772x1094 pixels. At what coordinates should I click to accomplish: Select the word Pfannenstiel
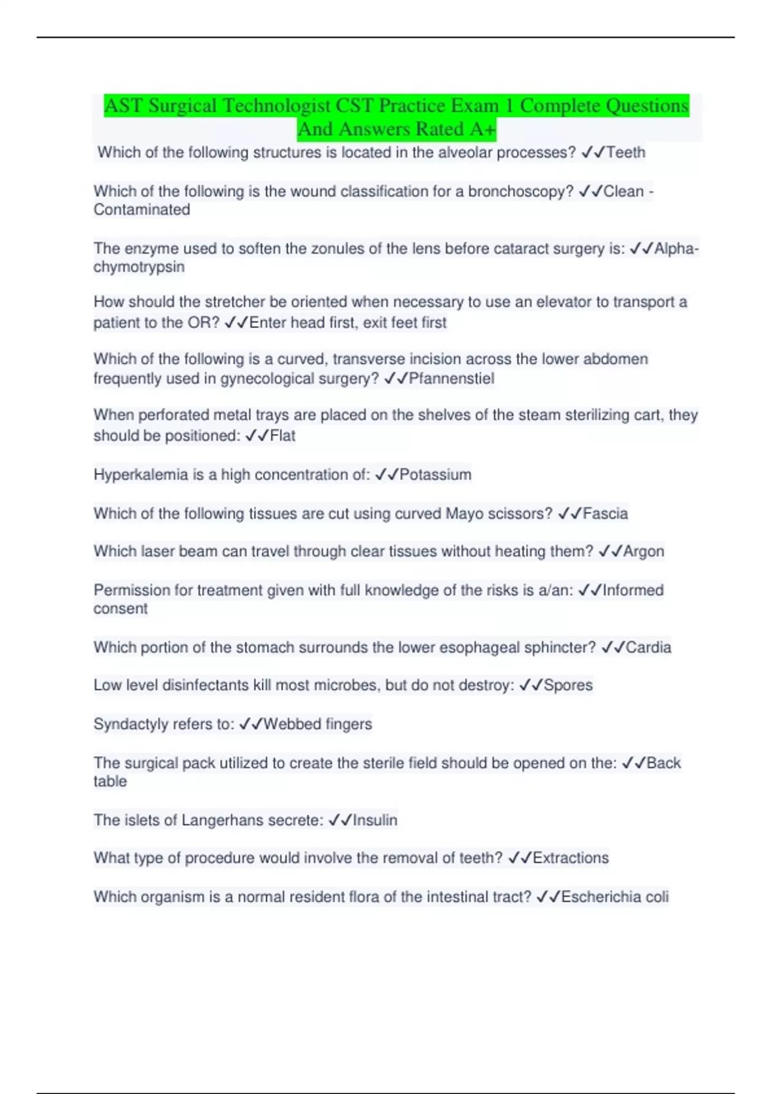(452, 378)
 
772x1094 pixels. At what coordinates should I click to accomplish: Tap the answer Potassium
(436, 475)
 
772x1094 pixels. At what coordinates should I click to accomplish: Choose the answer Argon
(643, 552)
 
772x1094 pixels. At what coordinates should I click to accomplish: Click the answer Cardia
(648, 647)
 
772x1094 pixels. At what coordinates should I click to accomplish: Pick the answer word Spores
(568, 685)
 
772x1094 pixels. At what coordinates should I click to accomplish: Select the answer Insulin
(375, 820)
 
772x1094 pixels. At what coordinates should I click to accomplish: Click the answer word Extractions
(571, 858)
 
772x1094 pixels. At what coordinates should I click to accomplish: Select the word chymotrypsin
(139, 267)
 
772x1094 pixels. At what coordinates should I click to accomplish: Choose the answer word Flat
(282, 436)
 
